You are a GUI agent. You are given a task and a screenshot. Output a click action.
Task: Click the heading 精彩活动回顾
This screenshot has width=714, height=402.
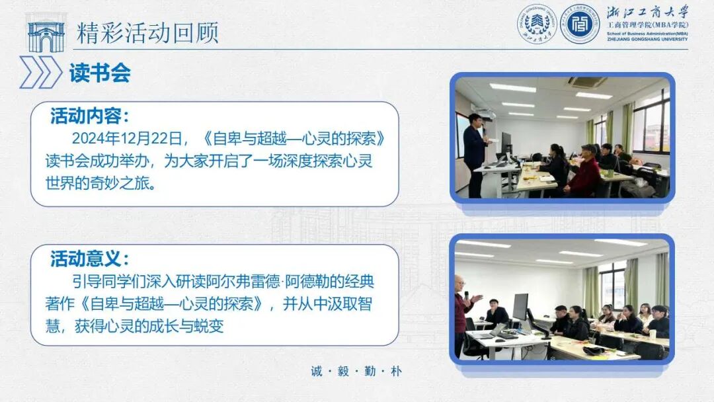pyautogui.click(x=147, y=33)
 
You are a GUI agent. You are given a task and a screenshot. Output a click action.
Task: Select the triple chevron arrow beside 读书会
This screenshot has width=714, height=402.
pyautogui.click(x=40, y=73)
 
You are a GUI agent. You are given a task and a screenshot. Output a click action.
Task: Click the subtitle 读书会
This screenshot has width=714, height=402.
pyautogui.click(x=100, y=73)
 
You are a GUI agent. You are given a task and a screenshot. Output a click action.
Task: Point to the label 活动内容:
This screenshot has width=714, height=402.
pyautogui.click(x=89, y=117)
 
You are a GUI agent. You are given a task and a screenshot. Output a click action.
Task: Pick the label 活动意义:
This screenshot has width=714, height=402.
pyautogui.click(x=89, y=258)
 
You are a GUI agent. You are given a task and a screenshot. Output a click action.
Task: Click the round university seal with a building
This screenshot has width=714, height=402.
pyautogui.click(x=537, y=24)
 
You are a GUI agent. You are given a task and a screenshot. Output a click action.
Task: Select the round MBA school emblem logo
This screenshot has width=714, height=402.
pyautogui.click(x=580, y=24)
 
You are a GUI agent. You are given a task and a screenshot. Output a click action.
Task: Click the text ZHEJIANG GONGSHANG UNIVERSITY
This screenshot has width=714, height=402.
pyautogui.click(x=647, y=39)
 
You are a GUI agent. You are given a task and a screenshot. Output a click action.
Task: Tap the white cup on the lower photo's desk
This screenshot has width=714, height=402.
pyautogui.click(x=652, y=334)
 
